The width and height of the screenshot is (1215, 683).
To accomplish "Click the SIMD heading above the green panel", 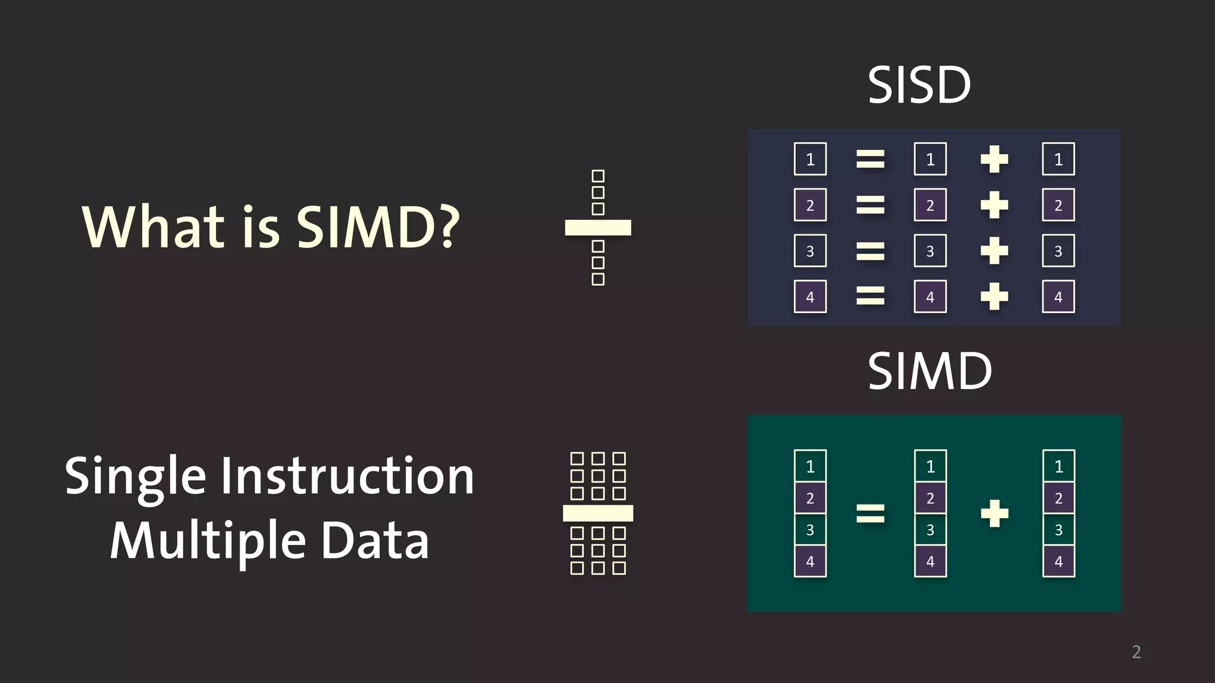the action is [x=930, y=371].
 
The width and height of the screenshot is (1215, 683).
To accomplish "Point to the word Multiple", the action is [x=208, y=541].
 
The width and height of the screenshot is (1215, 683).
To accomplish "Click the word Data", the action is [x=375, y=541].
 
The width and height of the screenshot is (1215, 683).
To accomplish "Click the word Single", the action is [x=135, y=478].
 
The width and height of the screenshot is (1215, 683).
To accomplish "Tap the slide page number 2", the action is [x=1136, y=652].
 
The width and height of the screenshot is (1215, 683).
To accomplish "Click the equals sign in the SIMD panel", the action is [x=870, y=513].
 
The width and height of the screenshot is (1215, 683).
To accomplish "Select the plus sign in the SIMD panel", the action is [x=994, y=513].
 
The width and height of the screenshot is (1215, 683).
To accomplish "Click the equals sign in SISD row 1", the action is [x=870, y=159].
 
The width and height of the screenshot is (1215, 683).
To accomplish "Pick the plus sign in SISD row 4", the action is [x=994, y=296].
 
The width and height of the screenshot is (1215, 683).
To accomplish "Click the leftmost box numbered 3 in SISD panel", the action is [x=810, y=251].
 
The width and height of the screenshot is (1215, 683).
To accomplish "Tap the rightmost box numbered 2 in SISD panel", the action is [x=1058, y=205].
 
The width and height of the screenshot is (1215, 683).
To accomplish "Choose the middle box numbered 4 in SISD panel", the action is [x=930, y=296].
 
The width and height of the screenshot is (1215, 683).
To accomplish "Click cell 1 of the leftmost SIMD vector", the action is [x=810, y=467].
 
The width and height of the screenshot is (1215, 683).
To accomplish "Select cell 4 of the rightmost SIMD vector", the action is [x=1058, y=561].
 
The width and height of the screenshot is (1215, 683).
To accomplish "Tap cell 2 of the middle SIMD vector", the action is [x=930, y=498].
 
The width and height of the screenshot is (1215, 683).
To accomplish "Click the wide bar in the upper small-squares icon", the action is [x=598, y=228].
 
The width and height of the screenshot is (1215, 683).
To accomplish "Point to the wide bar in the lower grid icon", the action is [x=598, y=513].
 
